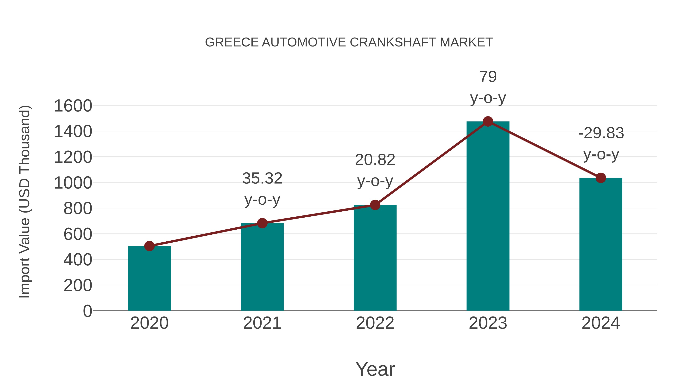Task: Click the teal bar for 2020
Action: coord(149,279)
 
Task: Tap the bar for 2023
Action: coord(488,216)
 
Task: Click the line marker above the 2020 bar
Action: coord(149,246)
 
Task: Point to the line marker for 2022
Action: coord(375,205)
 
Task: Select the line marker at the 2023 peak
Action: coord(488,121)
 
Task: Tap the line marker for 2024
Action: coord(600,178)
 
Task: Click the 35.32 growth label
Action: coord(262,178)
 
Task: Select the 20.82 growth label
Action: coord(375,160)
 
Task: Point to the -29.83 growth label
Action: coord(601,133)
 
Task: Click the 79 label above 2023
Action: coord(488,77)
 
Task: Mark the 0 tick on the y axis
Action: coord(87,311)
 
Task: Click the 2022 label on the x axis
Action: coord(375,323)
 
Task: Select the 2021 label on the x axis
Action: coord(262,323)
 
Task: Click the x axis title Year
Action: coord(375,369)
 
